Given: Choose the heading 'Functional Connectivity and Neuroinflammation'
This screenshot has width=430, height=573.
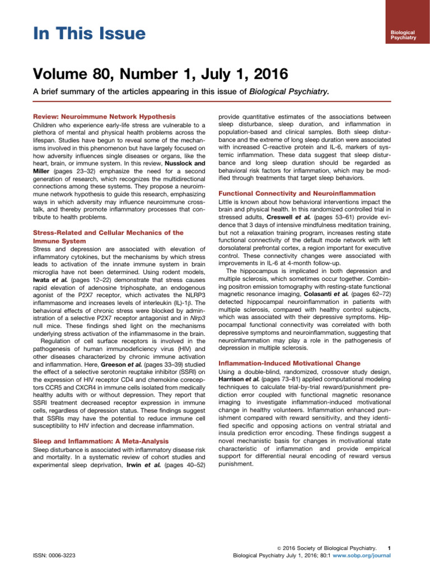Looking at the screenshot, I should coord(296,194).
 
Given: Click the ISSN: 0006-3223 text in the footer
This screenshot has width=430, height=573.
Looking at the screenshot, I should coord(55,555).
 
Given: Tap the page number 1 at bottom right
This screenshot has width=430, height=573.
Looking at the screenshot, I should coord(389,547).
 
